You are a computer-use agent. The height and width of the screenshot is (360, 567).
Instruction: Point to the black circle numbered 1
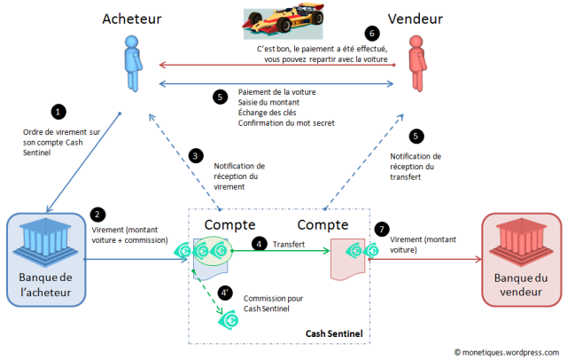pyautogui.click(x=58, y=113)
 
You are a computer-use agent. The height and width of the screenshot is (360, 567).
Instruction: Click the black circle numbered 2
pyautogui.click(x=99, y=214)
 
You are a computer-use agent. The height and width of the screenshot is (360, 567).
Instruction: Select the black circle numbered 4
pyautogui.click(x=259, y=242)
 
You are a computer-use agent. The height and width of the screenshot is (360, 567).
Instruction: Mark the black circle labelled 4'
pyautogui.click(x=227, y=291)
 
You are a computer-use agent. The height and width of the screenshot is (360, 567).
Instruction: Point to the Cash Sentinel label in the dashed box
pyautogui.click(x=335, y=333)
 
